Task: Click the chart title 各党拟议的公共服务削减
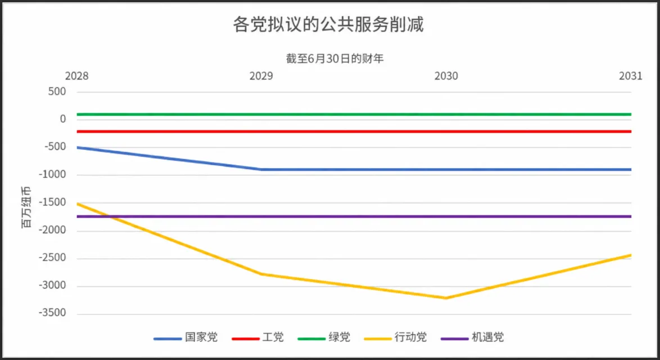(x=328, y=24)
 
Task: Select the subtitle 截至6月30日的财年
(x=334, y=58)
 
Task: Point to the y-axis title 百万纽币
(x=26, y=207)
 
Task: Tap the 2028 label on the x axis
(x=76, y=76)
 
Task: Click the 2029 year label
(x=261, y=76)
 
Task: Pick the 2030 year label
(x=446, y=76)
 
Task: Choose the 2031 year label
(x=631, y=76)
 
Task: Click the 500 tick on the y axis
(x=57, y=91)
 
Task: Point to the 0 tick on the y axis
(x=63, y=119)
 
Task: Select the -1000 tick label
(x=53, y=174)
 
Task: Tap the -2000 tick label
(x=53, y=230)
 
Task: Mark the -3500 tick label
(x=53, y=313)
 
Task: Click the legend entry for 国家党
(x=186, y=337)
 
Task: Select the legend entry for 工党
(x=257, y=337)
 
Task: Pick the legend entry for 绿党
(x=324, y=337)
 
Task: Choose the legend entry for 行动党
(x=396, y=337)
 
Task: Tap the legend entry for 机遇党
(x=472, y=337)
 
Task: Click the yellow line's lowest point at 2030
(x=446, y=298)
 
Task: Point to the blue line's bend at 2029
(x=261, y=170)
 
